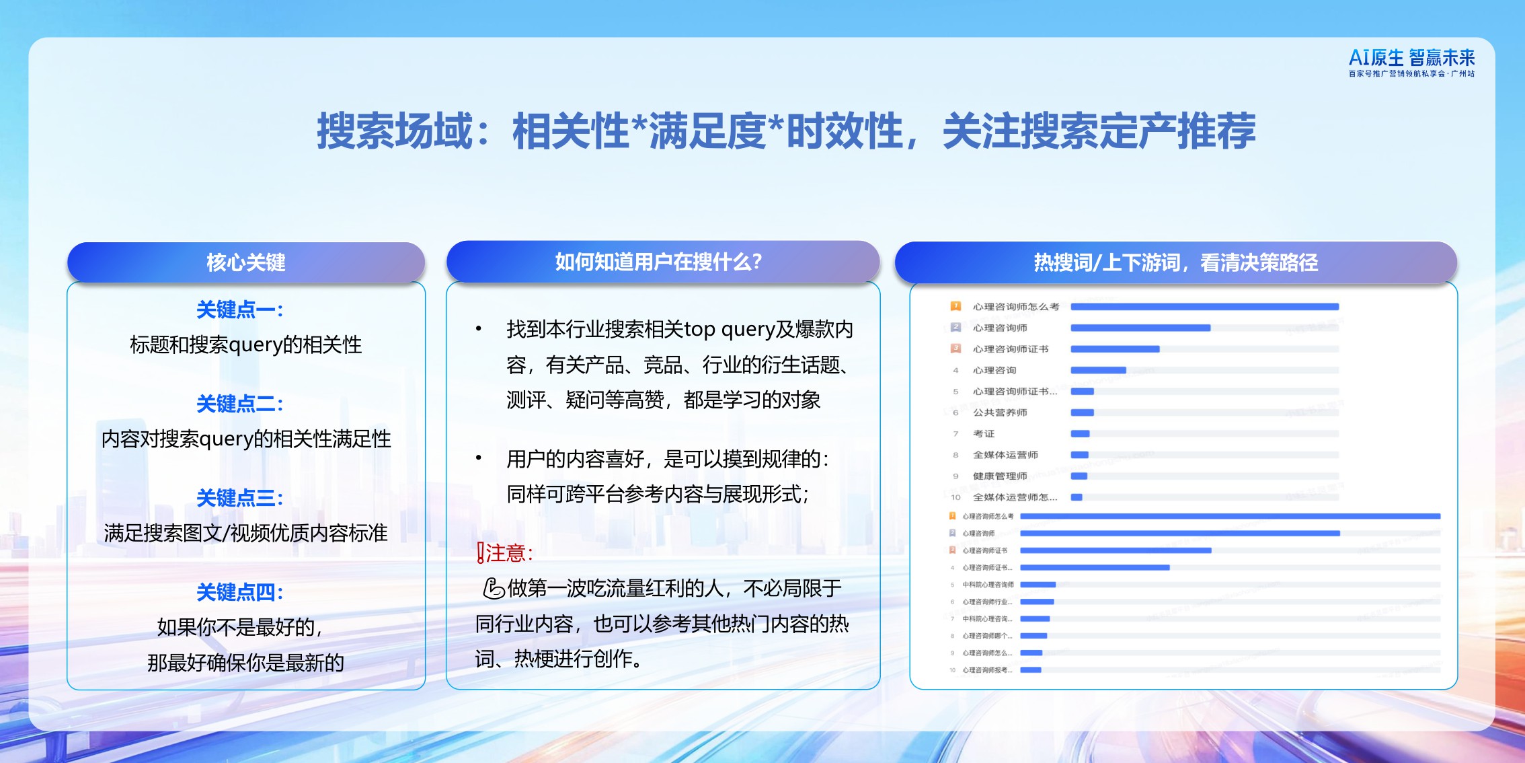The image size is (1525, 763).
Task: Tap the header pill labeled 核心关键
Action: [x=246, y=262]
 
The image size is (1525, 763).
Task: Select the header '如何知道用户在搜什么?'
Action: [x=658, y=262]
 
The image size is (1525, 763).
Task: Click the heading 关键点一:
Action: [x=240, y=310]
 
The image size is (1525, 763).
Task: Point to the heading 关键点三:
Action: [x=240, y=499]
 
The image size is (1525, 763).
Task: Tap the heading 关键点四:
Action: [x=240, y=593]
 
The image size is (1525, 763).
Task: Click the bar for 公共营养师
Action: [x=1082, y=412]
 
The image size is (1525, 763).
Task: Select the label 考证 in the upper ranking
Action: [x=984, y=434]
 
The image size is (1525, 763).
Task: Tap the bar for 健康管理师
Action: [x=1079, y=476]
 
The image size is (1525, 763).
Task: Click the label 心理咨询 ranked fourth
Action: [x=994, y=370]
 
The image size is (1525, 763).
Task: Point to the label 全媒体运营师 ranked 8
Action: [x=1005, y=455]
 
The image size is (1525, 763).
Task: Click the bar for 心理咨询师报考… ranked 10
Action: [x=1030, y=670]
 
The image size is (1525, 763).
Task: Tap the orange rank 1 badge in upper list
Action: [x=955, y=306]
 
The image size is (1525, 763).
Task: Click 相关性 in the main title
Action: [x=570, y=131]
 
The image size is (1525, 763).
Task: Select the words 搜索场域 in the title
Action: [x=395, y=131]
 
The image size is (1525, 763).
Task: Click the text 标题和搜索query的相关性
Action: [x=245, y=345]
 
